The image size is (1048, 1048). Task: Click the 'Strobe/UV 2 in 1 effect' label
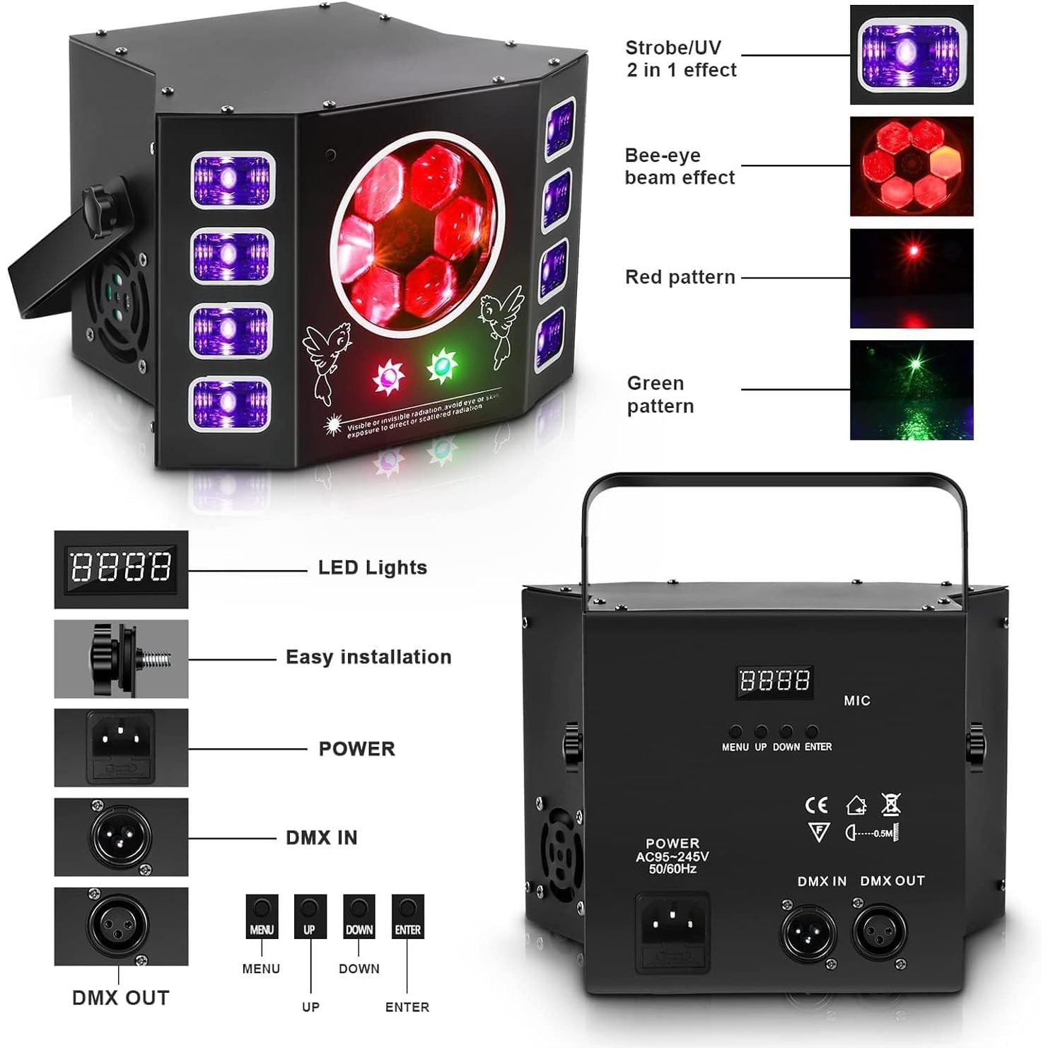click(681, 59)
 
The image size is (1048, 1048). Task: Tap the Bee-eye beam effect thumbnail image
click(911, 166)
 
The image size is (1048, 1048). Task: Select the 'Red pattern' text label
click(680, 277)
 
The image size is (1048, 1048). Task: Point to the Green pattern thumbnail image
click(911, 390)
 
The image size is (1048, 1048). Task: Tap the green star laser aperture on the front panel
click(441, 364)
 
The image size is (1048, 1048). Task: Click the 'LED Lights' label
click(372, 568)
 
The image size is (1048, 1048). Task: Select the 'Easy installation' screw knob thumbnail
click(121, 658)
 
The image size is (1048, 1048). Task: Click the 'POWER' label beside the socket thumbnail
click(356, 749)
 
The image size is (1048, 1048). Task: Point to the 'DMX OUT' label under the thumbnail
click(121, 998)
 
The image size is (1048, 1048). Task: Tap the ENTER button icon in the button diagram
click(407, 916)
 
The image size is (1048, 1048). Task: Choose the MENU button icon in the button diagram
click(262, 916)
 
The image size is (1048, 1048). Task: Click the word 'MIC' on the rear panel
click(856, 701)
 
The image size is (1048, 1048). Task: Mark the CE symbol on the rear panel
click(816, 805)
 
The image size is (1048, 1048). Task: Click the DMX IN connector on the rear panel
click(808, 932)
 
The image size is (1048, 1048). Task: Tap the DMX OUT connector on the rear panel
click(879, 932)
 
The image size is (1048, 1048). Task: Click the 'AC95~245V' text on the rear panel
click(672, 856)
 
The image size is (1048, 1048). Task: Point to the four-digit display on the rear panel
click(774, 681)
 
